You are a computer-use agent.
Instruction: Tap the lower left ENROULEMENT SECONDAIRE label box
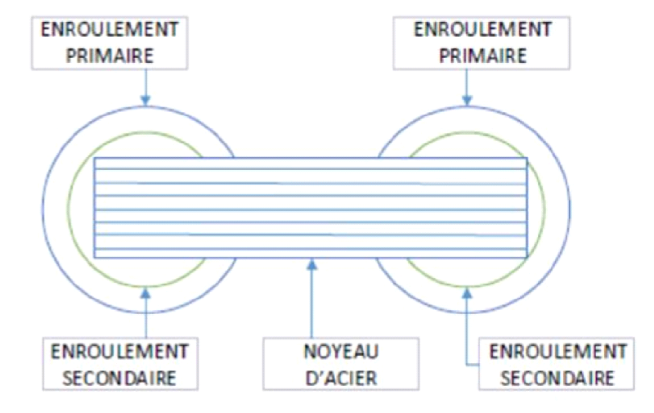pyautogui.click(x=120, y=365)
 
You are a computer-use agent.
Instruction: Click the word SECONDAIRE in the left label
pyautogui.click(x=120, y=379)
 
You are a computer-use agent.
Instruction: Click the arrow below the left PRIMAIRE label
pyautogui.click(x=146, y=87)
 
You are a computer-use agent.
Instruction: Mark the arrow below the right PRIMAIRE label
pyautogui.click(x=467, y=87)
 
